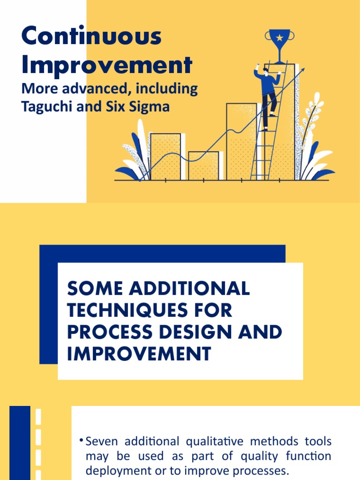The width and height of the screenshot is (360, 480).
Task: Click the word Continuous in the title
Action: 91,37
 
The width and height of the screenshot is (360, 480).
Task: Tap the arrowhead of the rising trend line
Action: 302,70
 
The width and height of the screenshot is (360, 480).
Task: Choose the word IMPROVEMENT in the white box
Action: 139,354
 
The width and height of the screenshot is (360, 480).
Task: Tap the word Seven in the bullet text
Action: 99,442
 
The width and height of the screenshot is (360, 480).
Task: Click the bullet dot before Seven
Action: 82,440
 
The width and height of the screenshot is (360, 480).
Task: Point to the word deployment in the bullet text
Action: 117,470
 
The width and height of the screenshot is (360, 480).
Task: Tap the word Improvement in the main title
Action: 107,65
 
